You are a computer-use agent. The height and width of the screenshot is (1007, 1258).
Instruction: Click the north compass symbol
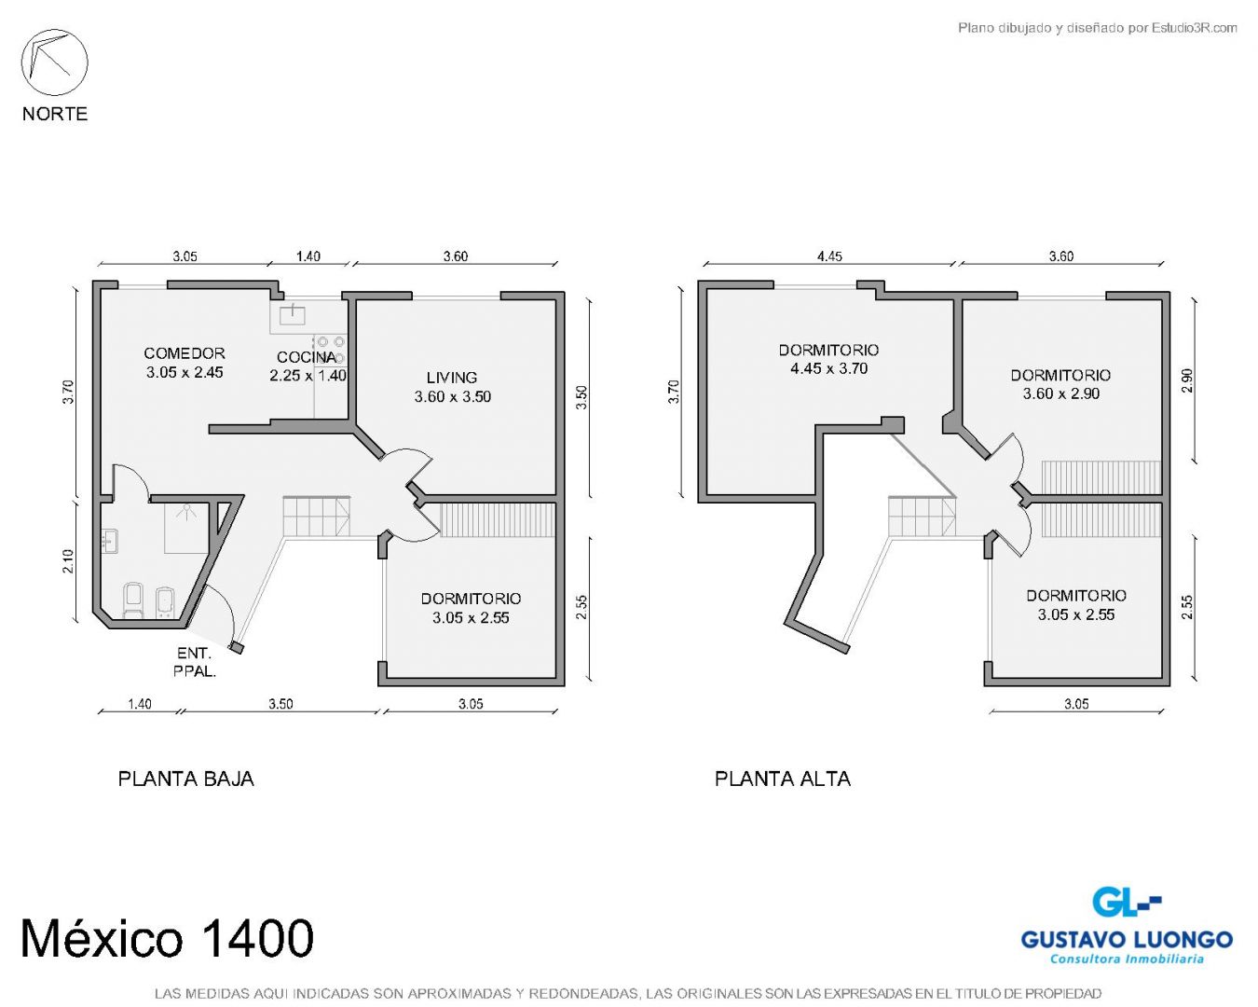pyautogui.click(x=54, y=62)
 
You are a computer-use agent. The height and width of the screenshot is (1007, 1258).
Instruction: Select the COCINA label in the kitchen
pyautogui.click(x=307, y=357)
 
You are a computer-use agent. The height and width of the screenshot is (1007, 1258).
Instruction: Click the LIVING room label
pyautogui.click(x=451, y=378)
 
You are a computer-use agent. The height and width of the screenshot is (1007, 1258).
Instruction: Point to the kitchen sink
pyautogui.click(x=293, y=315)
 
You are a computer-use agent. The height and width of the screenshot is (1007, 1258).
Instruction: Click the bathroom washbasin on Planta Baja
pyautogui.click(x=110, y=541)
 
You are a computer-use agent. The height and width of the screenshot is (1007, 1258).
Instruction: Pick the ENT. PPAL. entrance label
pyautogui.click(x=195, y=662)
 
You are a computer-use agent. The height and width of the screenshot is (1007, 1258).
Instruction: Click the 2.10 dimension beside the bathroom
pyautogui.click(x=68, y=560)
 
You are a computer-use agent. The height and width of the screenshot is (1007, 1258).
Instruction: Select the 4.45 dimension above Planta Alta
pyautogui.click(x=829, y=256)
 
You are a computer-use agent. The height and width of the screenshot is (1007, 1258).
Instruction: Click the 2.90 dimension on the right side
pyautogui.click(x=1187, y=380)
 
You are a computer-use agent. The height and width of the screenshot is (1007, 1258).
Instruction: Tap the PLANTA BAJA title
pyautogui.click(x=185, y=779)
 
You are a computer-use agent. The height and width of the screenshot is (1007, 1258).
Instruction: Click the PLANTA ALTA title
pyautogui.click(x=782, y=779)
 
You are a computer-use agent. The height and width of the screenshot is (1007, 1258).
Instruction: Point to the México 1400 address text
pyautogui.click(x=167, y=938)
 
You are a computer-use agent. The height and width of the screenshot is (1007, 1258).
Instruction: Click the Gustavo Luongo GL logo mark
pyautogui.click(x=1126, y=902)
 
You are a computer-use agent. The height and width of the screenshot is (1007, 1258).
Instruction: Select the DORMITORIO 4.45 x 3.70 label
pyautogui.click(x=829, y=359)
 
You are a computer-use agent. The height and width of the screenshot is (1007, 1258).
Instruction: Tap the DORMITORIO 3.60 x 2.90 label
pyautogui.click(x=1061, y=384)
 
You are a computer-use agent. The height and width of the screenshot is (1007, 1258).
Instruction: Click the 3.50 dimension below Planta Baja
pyautogui.click(x=280, y=704)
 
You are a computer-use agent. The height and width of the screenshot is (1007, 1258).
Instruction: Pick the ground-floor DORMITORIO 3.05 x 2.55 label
pyautogui.click(x=472, y=608)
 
